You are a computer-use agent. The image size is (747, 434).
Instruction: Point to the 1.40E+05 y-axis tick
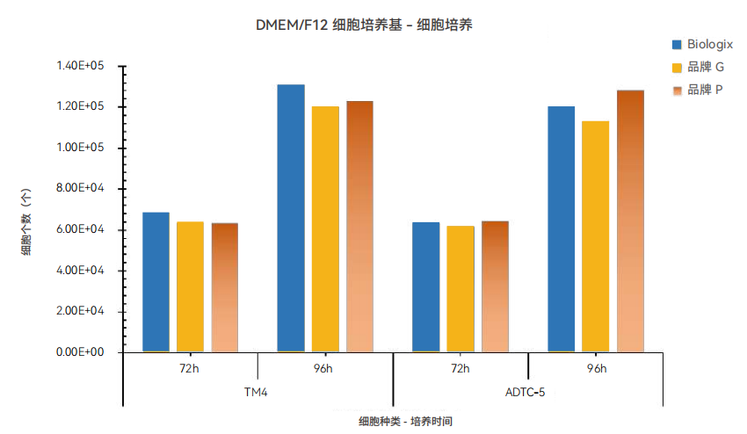coord(80,66)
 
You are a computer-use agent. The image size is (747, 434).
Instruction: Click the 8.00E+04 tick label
coord(80,188)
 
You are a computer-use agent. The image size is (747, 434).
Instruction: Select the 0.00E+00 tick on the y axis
coord(80,352)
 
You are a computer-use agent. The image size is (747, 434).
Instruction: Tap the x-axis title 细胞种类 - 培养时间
coord(394,422)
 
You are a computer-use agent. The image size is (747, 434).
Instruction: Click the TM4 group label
coord(257,391)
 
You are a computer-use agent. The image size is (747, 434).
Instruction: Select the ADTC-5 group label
coord(526,391)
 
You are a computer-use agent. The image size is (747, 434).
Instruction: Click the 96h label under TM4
coord(324,368)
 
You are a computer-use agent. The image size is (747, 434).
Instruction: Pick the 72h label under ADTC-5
coord(460,368)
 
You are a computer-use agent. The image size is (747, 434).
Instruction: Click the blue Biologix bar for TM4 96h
coord(291,219)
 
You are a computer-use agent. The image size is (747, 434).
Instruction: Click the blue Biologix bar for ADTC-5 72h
coord(426,287)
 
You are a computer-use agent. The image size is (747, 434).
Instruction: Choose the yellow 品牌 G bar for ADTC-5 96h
coord(595,236)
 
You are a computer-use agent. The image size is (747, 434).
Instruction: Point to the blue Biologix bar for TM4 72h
coord(156,282)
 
